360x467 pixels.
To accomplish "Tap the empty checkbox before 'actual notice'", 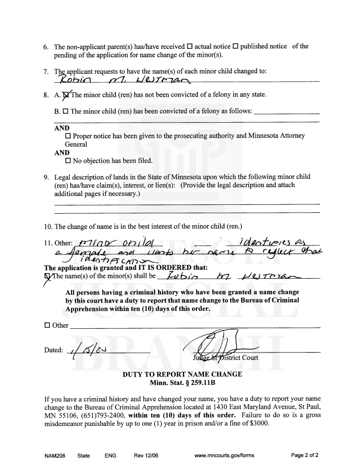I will pos(190,47).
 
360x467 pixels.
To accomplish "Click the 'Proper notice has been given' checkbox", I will pos(68,135).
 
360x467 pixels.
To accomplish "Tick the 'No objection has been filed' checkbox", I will pos(68,161).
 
